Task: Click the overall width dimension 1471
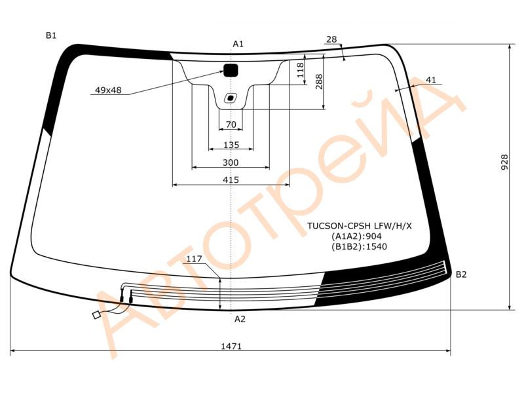coord(231,346)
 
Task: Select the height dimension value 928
coord(504,162)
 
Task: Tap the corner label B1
coord(51,35)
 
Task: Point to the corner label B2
coord(461,274)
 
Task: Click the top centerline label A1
coord(238,44)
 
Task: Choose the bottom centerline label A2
coord(240,319)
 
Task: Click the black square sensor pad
coord(231,70)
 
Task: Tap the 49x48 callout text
coord(108,90)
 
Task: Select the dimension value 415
coord(231,180)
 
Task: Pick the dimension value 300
coord(231,162)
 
